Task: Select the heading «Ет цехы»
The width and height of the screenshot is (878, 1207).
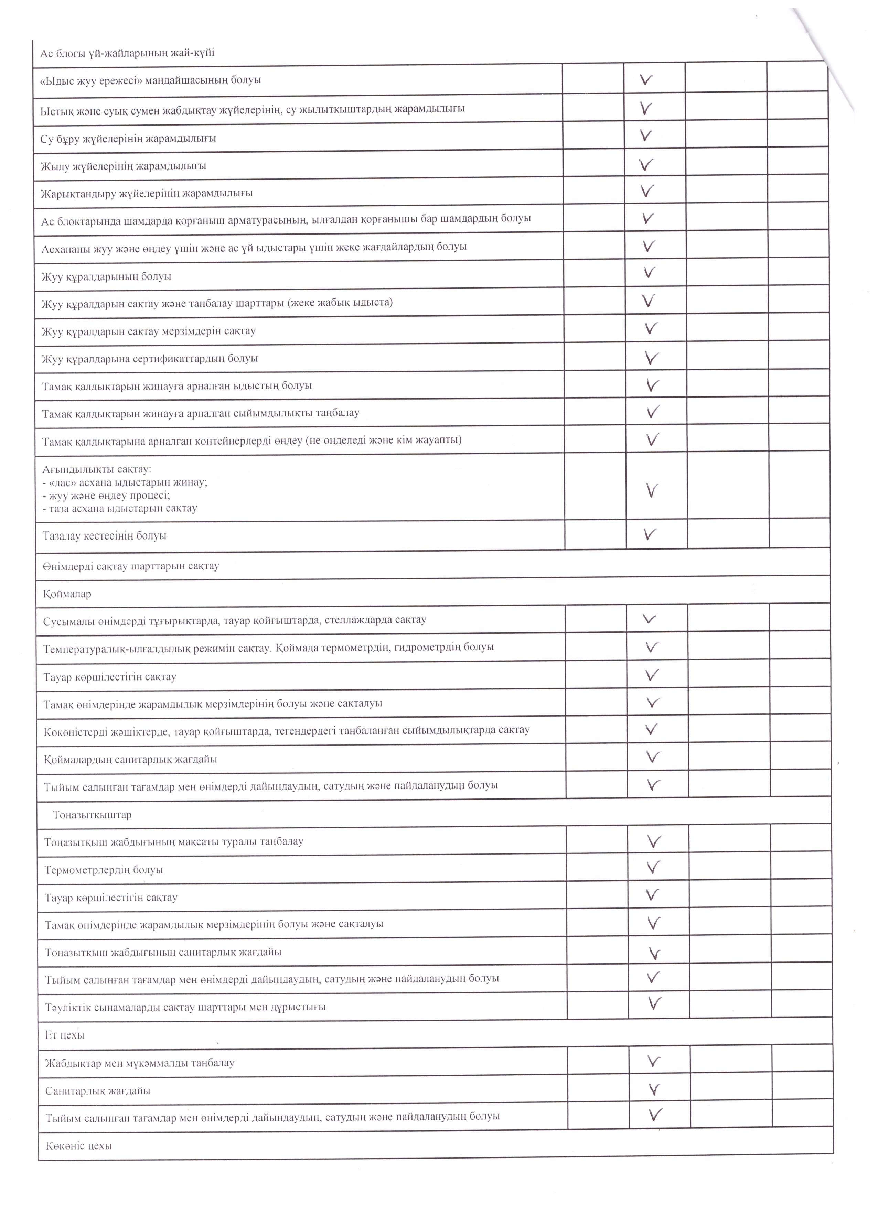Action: tap(65, 1035)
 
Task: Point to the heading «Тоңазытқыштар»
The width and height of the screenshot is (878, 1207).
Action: tap(92, 815)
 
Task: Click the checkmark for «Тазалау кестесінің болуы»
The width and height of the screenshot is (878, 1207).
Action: tap(649, 534)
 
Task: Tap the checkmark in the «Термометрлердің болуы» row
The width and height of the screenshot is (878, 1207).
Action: tap(653, 868)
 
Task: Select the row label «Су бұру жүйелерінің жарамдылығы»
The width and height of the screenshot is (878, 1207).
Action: tap(128, 138)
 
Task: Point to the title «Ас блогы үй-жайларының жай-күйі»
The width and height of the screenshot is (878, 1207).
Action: tap(128, 53)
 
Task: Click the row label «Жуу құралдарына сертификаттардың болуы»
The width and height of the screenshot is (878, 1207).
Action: tap(150, 359)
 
